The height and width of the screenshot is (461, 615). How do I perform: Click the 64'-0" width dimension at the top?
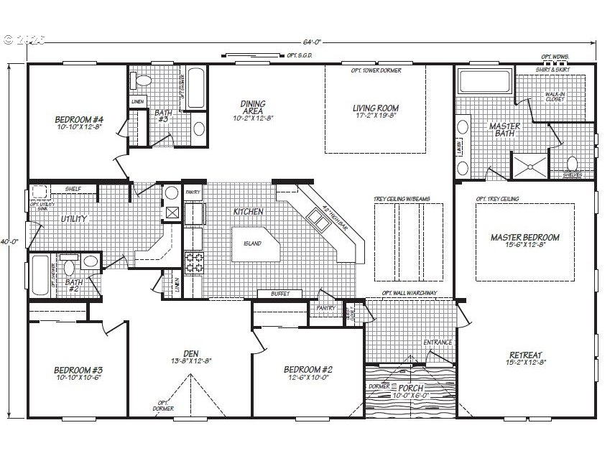pyautogui.click(x=310, y=42)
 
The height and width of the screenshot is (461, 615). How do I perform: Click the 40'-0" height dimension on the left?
pyautogui.click(x=9, y=242)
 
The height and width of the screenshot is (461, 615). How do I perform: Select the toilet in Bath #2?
pyautogui.click(x=70, y=268)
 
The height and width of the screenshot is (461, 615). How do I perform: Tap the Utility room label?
pyautogui.click(x=74, y=218)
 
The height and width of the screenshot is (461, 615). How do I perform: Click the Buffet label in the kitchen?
pyautogui.click(x=281, y=294)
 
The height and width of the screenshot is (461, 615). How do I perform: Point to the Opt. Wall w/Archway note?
pyautogui.click(x=410, y=293)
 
